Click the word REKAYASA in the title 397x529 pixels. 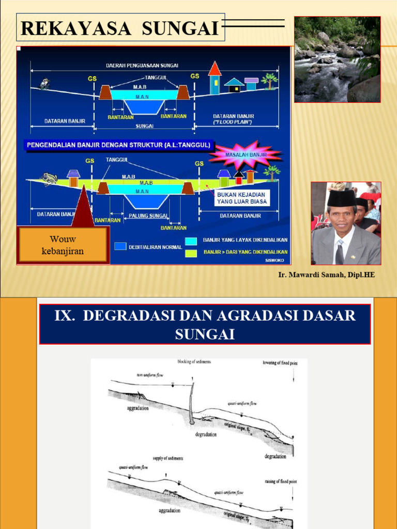point(77,28)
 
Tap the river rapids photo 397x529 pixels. point(337,59)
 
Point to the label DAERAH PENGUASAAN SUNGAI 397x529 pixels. point(142,66)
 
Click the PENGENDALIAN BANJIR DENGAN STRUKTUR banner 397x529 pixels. point(118,145)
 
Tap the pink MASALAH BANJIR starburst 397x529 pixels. point(245,154)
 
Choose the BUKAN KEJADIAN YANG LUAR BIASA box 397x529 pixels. point(241,198)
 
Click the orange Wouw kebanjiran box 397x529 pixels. point(63,245)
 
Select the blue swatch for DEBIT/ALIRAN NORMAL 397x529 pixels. point(120,246)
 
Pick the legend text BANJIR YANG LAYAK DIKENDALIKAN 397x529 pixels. point(245,240)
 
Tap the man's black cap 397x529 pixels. point(341,198)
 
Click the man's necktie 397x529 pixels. point(339,253)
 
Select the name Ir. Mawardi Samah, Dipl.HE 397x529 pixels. point(326,275)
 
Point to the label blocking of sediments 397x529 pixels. point(194,362)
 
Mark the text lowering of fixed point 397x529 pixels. point(279,364)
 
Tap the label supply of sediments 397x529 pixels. point(168,458)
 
